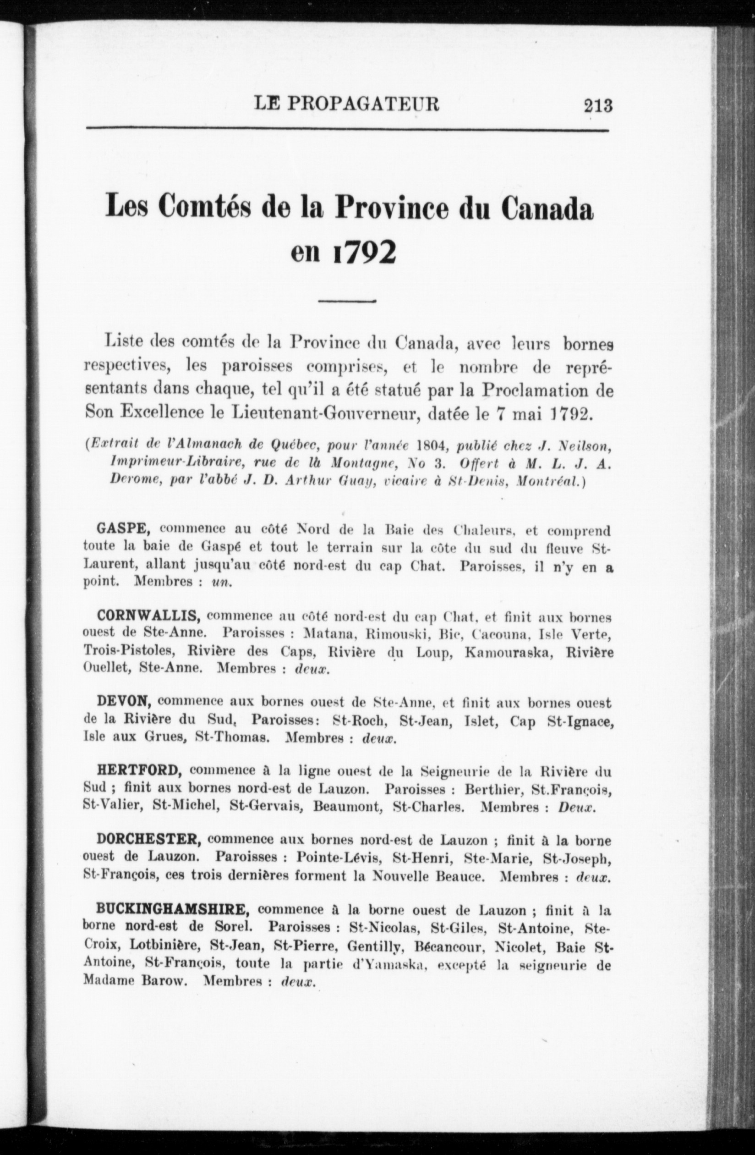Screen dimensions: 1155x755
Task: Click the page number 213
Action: [598, 105]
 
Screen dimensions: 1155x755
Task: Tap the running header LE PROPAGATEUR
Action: [347, 104]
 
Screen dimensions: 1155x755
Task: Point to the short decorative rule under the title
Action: [348, 302]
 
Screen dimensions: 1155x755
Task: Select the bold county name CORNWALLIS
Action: [149, 616]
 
